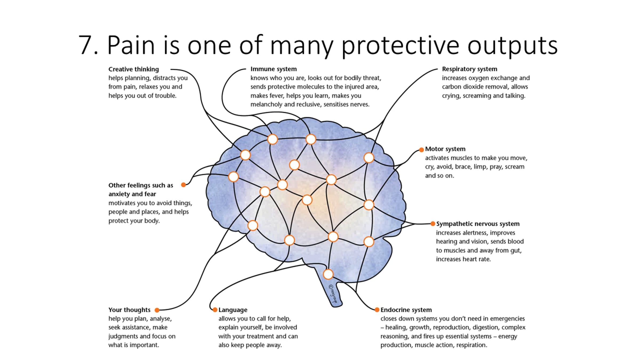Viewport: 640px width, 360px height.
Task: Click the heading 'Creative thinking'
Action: (x=133, y=69)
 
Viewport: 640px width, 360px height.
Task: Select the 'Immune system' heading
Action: (x=273, y=69)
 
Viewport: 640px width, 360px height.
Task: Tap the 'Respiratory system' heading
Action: (x=469, y=69)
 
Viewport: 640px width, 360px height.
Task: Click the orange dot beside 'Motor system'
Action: (x=421, y=150)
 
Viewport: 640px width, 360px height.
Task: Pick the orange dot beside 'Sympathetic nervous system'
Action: (x=433, y=224)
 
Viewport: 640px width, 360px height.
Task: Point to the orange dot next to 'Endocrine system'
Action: (x=377, y=310)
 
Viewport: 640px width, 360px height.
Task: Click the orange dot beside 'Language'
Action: (x=215, y=310)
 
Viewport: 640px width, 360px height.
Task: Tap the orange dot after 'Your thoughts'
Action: (x=157, y=310)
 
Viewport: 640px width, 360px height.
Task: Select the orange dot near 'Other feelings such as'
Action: (x=183, y=185)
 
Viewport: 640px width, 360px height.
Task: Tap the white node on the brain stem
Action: (x=328, y=274)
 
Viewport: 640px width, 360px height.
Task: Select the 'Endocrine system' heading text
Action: (x=406, y=310)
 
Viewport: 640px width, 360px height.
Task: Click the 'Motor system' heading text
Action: (x=445, y=149)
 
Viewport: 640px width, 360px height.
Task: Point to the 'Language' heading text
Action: (x=233, y=310)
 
